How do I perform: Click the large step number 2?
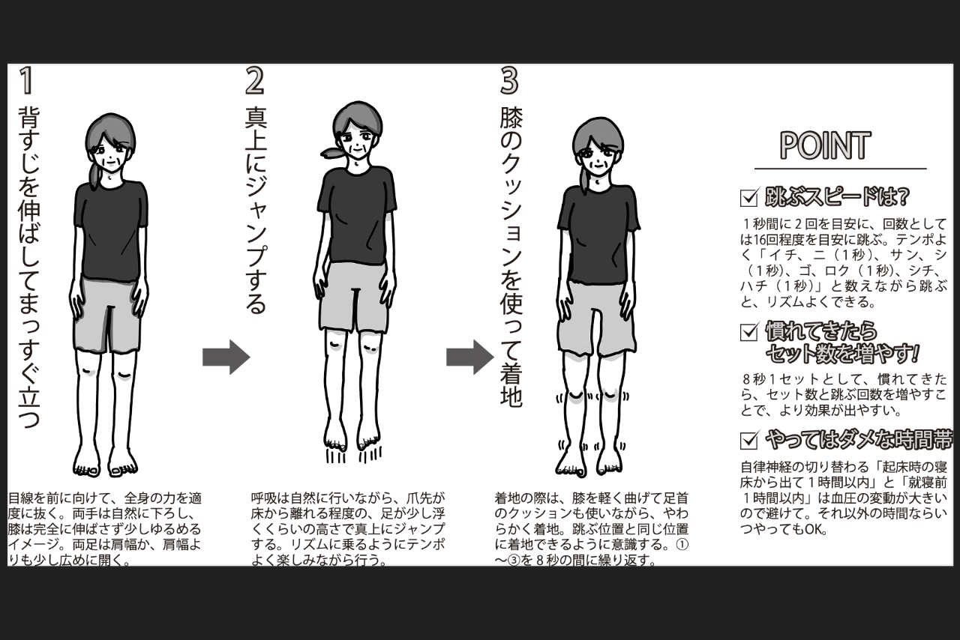pyautogui.click(x=255, y=81)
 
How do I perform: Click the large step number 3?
pyautogui.click(x=510, y=81)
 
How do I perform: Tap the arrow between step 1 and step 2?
pyautogui.click(x=226, y=357)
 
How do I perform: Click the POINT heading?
pyautogui.click(x=825, y=146)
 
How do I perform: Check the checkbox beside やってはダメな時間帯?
pyautogui.click(x=748, y=440)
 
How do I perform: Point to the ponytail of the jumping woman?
pyautogui.click(x=334, y=152)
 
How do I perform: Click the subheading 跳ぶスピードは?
pyautogui.click(x=836, y=197)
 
